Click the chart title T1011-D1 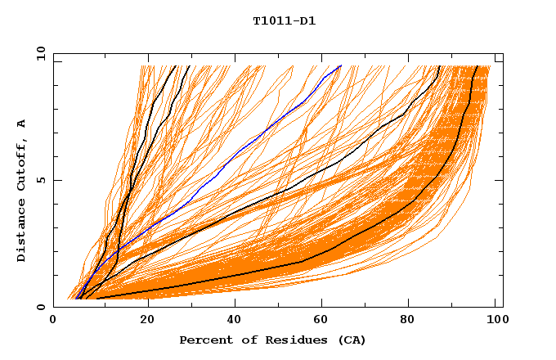[x=284, y=21]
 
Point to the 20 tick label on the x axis [x=147, y=321]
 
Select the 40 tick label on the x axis [x=235, y=321]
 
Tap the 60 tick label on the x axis [x=325, y=321]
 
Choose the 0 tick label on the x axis [x=54, y=321]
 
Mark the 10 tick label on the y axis [x=40, y=53]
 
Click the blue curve [x=245, y=147]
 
